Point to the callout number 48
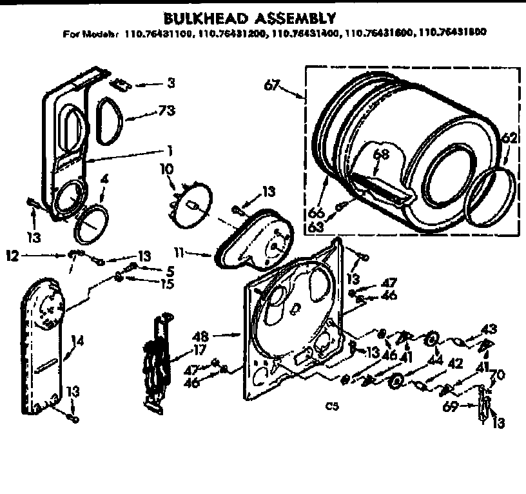[x=200, y=335]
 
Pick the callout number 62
[x=509, y=138]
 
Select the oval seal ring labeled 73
[x=110, y=121]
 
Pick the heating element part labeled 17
[x=156, y=363]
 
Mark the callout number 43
[x=489, y=329]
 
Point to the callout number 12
[x=13, y=255]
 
